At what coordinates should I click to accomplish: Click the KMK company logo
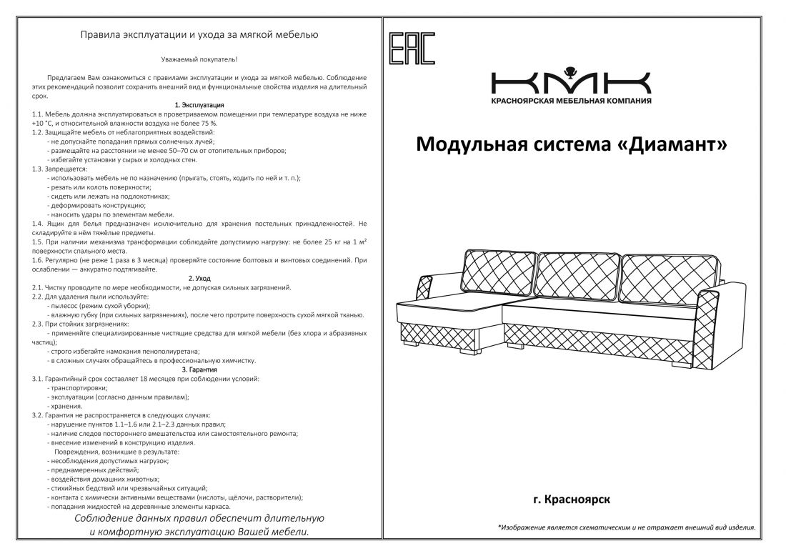point(571,80)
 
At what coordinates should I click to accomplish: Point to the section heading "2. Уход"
point(199,278)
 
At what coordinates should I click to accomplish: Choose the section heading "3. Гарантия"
point(199,369)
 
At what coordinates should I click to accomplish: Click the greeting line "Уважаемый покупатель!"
point(199,60)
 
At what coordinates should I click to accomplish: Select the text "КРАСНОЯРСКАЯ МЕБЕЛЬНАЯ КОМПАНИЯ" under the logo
point(571,101)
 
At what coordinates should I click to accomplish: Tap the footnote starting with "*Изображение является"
point(626,527)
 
